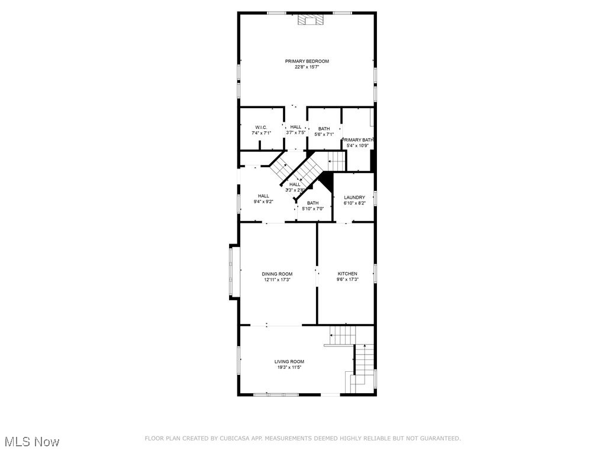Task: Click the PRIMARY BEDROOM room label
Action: [307, 61]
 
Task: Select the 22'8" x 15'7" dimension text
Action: [307, 67]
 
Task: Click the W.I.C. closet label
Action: [261, 128]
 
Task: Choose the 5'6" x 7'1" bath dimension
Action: [324, 134]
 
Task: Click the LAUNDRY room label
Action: [354, 197]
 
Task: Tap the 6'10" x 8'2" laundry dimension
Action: [354, 203]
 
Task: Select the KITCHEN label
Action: [347, 274]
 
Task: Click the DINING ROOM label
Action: [278, 274]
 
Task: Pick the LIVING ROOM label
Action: [289, 362]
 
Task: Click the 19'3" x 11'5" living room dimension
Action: [289, 368]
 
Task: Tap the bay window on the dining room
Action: [235, 273]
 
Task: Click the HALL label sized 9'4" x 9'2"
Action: [263, 196]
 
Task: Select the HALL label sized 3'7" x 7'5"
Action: [295, 127]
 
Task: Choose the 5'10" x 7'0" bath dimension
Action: [312, 209]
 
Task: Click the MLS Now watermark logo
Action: [32, 442]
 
